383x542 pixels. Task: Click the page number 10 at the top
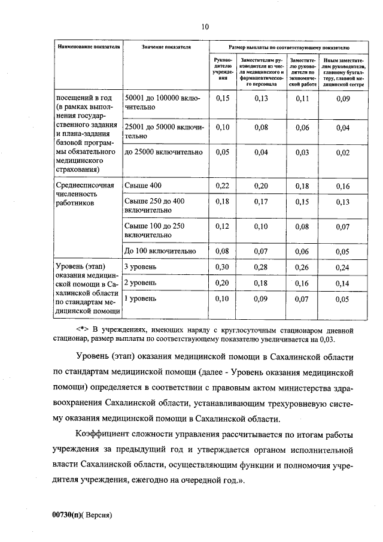pos(205,27)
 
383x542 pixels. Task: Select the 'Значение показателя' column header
pos(166,46)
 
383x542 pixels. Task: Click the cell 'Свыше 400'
pos(142,186)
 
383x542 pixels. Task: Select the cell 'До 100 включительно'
pos(159,251)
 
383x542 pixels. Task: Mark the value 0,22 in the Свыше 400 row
pos(222,187)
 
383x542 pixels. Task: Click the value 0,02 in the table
pos(342,152)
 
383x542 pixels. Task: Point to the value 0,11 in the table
pos(302,99)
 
